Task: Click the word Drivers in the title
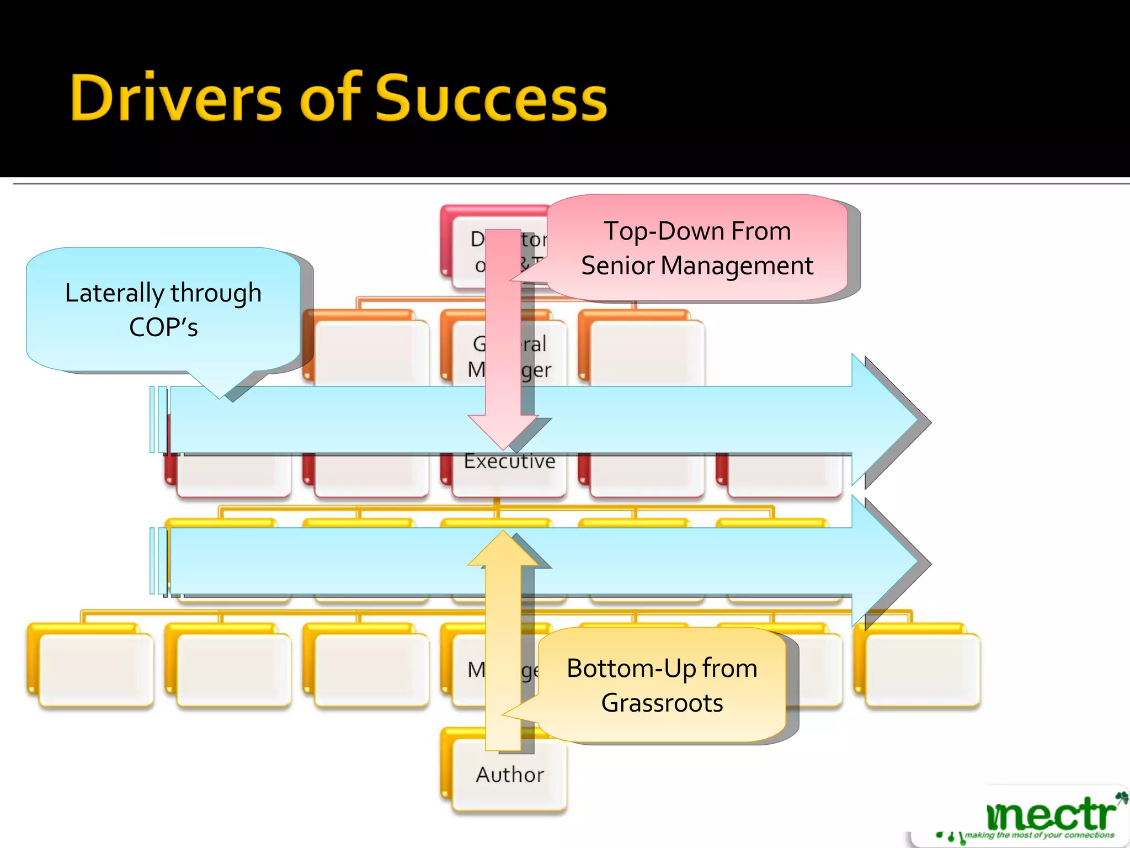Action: (176, 98)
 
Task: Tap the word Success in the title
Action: (491, 98)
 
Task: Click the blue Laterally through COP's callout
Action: (163, 309)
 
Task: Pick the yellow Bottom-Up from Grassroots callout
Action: (662, 685)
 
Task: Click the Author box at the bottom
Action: (509, 775)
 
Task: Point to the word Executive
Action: (509, 462)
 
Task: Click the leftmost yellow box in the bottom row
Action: (95, 669)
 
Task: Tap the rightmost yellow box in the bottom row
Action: (921, 669)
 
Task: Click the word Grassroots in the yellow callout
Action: (662, 703)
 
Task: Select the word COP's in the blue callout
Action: (163, 327)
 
